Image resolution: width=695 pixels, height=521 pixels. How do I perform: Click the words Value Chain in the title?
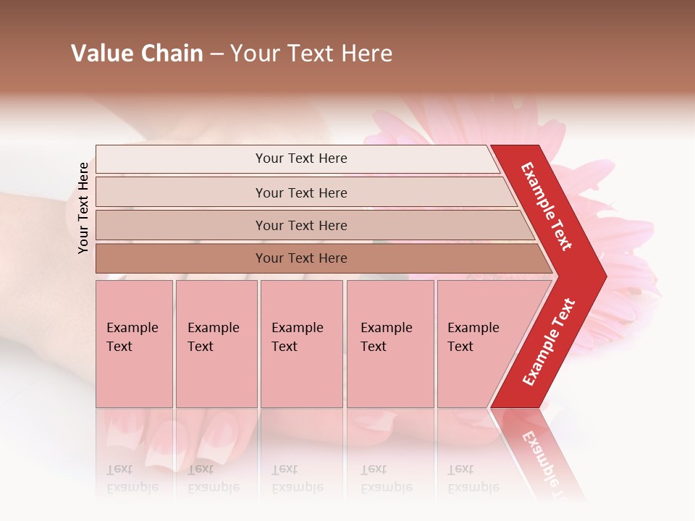pos(137,54)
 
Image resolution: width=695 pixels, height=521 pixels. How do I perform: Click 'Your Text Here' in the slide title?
pos(311,54)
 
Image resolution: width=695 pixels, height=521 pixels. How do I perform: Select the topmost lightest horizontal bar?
pos(300,158)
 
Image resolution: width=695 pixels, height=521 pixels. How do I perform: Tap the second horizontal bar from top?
pos(300,192)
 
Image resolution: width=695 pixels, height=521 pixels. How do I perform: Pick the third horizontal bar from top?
pos(300,225)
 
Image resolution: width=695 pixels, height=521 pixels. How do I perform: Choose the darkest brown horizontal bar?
pos(300,258)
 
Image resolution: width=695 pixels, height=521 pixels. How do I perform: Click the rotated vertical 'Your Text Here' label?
pos(83,208)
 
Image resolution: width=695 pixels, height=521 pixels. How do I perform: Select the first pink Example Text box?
pos(134,344)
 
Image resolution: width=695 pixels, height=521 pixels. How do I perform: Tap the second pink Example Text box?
pos(216,344)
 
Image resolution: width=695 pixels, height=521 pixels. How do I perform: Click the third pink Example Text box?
pos(301,344)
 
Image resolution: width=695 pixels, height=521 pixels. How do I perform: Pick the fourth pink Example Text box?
pos(389,344)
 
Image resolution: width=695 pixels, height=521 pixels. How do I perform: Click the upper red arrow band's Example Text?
pos(547,206)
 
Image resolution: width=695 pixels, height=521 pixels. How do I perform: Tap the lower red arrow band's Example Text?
pos(549,342)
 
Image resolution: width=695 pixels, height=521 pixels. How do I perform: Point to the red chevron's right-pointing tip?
pos(603,276)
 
